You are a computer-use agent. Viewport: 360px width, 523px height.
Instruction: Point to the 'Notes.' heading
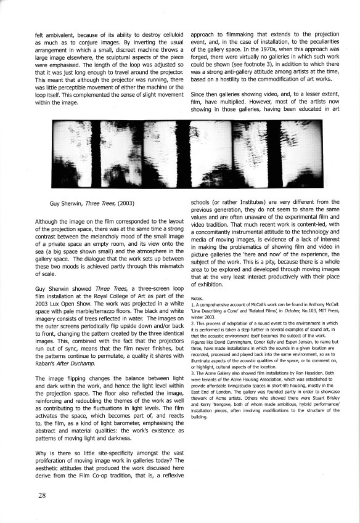click(x=198, y=298)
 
